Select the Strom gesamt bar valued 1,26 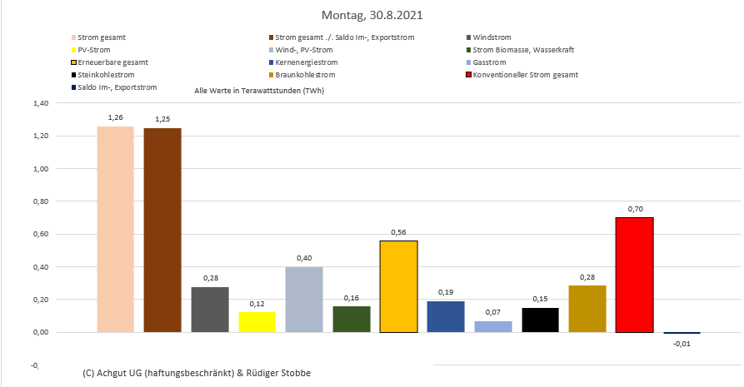pyautogui.click(x=115, y=229)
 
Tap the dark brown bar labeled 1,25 pyautogui.click(x=162, y=230)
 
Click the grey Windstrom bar pyautogui.click(x=210, y=310)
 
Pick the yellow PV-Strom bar pyautogui.click(x=257, y=322)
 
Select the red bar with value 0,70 pyautogui.click(x=634, y=275)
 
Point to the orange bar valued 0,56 pyautogui.click(x=398, y=286)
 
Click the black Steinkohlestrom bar pyautogui.click(x=540, y=320)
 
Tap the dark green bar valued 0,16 pyautogui.click(x=351, y=319)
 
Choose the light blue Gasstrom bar pyautogui.click(x=492, y=326)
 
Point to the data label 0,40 pyautogui.click(x=303, y=258)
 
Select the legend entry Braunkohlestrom pyautogui.click(x=302, y=75)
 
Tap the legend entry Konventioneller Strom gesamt pyautogui.click(x=525, y=75)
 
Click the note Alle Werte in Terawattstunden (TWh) pyautogui.click(x=258, y=90)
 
